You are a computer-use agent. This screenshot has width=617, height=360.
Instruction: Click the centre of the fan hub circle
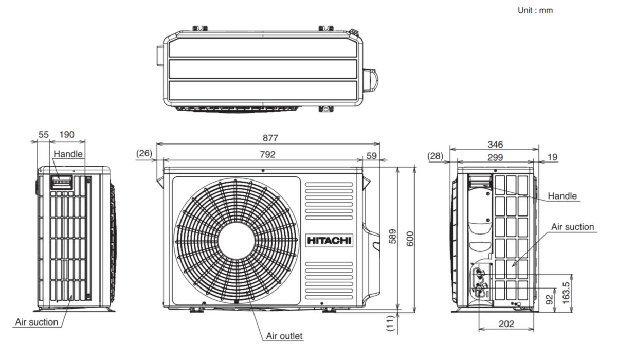pyautogui.click(x=237, y=241)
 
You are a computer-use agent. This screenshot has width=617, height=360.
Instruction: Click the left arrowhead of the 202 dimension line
pyautogui.click(x=482, y=329)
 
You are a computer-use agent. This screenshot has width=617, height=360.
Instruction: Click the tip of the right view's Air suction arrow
pyautogui.click(x=512, y=266)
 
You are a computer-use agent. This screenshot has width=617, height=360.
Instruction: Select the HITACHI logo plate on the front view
pyautogui.click(x=329, y=241)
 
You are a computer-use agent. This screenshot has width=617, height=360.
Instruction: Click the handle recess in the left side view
pyautogui.click(x=61, y=183)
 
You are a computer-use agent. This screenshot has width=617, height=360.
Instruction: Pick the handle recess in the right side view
pyautogui.click(x=480, y=181)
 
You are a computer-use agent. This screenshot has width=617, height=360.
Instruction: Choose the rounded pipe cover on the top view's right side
pyautogui.click(x=370, y=80)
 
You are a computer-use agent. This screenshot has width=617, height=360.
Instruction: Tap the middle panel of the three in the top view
pyautogui.click(x=263, y=69)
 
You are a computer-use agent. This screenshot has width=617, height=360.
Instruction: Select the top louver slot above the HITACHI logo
pyautogui.click(x=329, y=184)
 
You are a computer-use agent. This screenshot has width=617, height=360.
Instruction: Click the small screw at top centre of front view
pyautogui.click(x=263, y=171)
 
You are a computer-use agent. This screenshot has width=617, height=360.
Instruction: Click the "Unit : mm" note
pyautogui.click(x=535, y=10)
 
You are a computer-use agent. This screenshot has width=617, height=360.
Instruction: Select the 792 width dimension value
pyautogui.click(x=267, y=154)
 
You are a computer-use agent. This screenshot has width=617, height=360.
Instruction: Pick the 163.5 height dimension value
pyautogui.click(x=566, y=293)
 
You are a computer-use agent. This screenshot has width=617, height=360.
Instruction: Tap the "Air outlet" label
pyautogui.click(x=284, y=336)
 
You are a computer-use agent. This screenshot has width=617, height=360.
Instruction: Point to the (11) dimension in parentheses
pyautogui.click(x=390, y=323)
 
